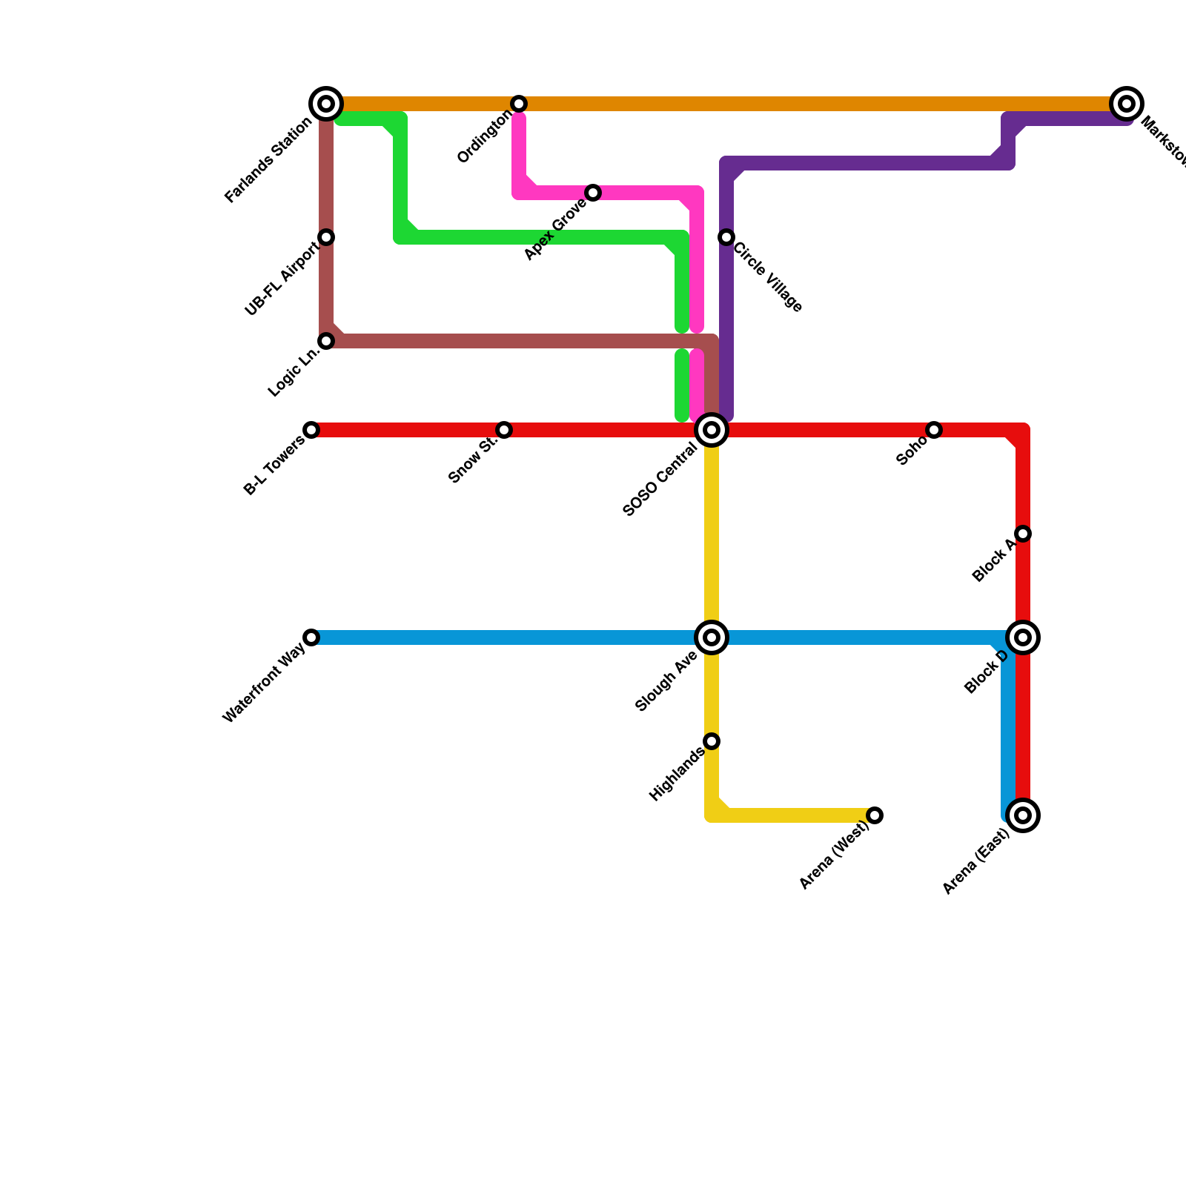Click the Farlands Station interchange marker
pos(326,104)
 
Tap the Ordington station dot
pos(519,104)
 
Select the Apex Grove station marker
pos(593,193)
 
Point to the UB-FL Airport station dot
pos(326,237)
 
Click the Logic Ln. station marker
pos(326,341)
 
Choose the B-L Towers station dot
pos(311,430)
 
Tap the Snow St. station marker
pos(504,430)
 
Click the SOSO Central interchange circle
pos(712,430)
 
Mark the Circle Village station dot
pos(726,237)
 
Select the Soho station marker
pos(934,430)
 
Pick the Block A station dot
pos(1023,534)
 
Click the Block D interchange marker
pos(1023,637)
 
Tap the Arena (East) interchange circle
pos(1023,815)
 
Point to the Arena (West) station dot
pos(875,815)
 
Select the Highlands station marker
pos(712,741)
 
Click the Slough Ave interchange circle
pos(712,637)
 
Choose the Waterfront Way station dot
pos(311,637)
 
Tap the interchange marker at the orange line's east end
pos(1127,104)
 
